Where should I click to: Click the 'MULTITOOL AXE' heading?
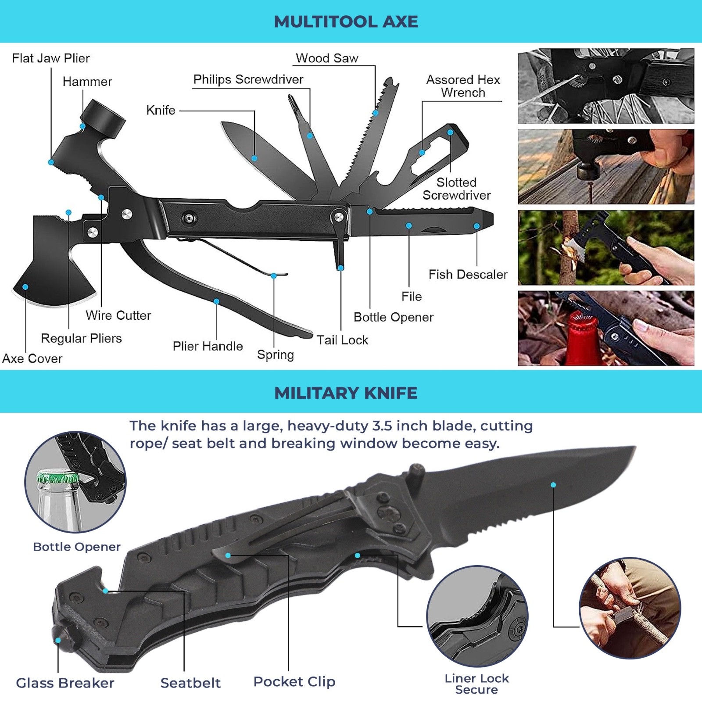[346, 21]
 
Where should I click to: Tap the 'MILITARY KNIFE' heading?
[346, 393]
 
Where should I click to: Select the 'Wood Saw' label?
[327, 58]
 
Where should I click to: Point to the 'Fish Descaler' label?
[468, 275]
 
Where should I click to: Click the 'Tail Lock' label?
[342, 340]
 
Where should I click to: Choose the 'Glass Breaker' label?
[65, 683]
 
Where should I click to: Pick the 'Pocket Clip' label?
[294, 681]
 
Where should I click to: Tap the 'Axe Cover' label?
[32, 358]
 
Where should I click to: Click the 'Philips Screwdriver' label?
[248, 79]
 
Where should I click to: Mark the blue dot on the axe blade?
[25, 287]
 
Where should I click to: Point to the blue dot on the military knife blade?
[553, 485]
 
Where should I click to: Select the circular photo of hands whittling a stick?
[630, 608]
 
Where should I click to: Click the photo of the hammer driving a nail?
[606, 167]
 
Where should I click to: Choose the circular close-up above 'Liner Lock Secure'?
[477, 616]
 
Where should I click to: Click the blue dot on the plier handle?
[216, 301]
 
